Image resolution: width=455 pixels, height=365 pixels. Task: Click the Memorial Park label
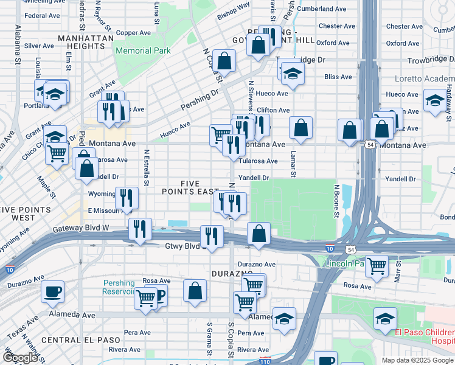pyautogui.click(x=143, y=51)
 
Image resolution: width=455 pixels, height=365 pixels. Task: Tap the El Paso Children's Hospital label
pyautogui.click(x=425, y=336)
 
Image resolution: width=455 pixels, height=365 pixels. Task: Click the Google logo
pyautogui.click(x=19, y=358)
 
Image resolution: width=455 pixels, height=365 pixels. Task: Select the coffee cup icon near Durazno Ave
pyautogui.click(x=52, y=291)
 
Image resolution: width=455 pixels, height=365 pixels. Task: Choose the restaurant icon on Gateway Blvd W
pyautogui.click(x=140, y=229)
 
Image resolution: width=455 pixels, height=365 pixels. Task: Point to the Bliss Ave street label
pyautogui.click(x=338, y=77)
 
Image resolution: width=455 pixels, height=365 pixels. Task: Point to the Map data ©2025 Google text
pyautogui.click(x=416, y=360)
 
